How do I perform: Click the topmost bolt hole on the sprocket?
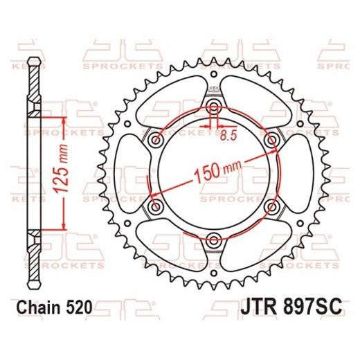pyautogui.click(x=214, y=106)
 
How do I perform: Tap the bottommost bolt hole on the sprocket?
pyautogui.click(x=214, y=240)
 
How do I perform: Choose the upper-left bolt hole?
pyautogui.click(x=156, y=139)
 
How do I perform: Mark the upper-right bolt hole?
pyautogui.click(x=271, y=139)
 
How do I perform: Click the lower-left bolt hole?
pyautogui.click(x=156, y=207)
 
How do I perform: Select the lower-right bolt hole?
pyautogui.click(x=271, y=207)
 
